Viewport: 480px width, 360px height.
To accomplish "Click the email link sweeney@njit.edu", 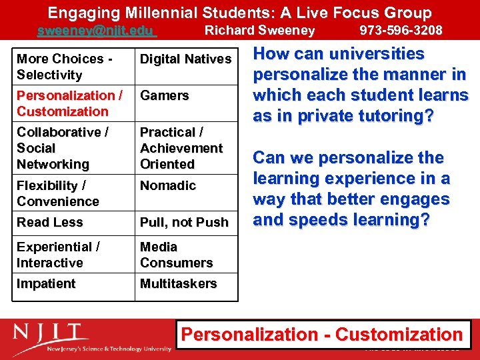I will (x=95, y=31).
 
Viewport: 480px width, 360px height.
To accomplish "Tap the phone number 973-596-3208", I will (x=401, y=31).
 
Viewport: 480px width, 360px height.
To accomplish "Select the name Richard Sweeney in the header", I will (x=259, y=31).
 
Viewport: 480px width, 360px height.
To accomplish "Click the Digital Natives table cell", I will (x=185, y=59).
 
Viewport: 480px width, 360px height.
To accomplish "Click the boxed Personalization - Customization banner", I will (x=323, y=335).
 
